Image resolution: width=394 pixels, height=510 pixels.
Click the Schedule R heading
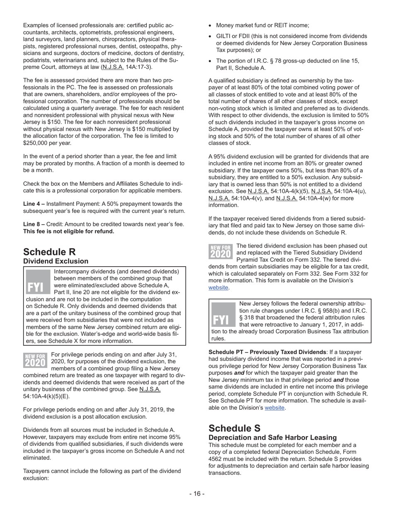(x=49, y=252)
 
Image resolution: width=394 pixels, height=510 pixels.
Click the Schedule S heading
(x=234, y=428)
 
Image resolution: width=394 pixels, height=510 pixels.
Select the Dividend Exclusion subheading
(x=56, y=261)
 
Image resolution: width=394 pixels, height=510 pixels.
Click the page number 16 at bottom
(x=197, y=493)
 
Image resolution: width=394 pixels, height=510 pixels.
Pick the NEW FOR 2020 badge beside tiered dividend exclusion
(x=220, y=252)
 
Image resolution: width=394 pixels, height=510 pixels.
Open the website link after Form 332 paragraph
(x=218, y=287)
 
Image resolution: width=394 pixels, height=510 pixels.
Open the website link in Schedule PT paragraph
(x=275, y=408)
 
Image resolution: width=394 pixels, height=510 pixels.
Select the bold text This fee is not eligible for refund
(x=68, y=231)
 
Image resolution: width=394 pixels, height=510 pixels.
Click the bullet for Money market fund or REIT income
(x=210, y=26)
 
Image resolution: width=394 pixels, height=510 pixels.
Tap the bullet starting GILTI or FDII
(x=210, y=36)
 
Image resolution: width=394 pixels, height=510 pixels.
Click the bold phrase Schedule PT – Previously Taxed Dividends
(x=267, y=352)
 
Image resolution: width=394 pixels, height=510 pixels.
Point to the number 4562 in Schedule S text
(x=216, y=459)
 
